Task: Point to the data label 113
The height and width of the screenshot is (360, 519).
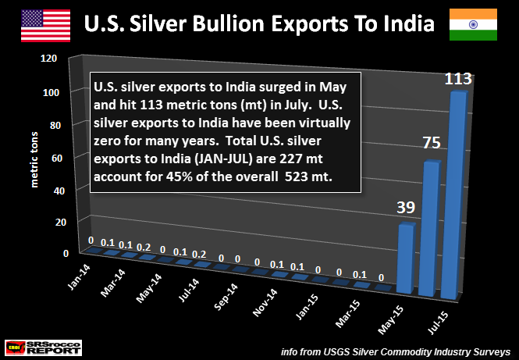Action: coord(458,79)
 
